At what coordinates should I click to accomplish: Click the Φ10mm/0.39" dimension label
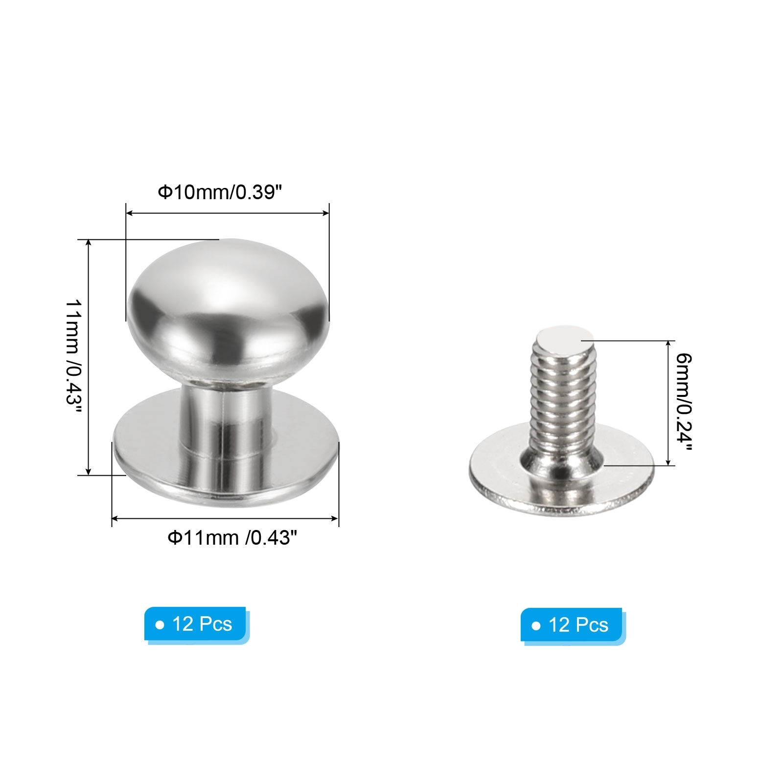tap(220, 192)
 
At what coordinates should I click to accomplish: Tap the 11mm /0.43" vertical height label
tap(73, 357)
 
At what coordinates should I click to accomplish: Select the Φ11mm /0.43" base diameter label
tap(232, 538)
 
